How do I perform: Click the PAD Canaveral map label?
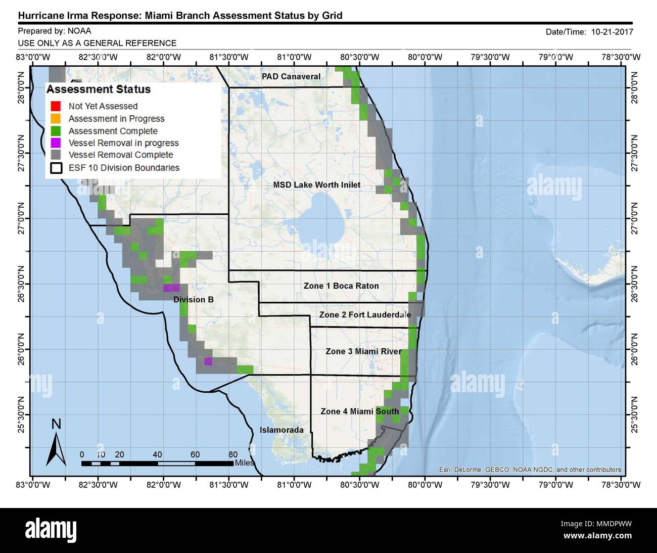pos(291,76)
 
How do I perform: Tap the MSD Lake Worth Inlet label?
pos(317,185)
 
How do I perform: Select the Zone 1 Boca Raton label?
pos(341,286)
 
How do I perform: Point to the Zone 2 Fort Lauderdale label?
pos(365,314)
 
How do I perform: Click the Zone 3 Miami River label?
pos(363,351)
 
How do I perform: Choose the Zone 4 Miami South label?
pos(360,411)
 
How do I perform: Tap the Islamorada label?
pos(281,430)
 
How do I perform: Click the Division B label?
pos(194,300)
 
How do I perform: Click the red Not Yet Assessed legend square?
pos(56,106)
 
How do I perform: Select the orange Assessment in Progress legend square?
pos(56,118)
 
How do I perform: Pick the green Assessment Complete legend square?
pos(56,131)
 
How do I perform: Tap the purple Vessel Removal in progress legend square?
pos(56,143)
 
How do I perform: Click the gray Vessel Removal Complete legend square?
pos(56,155)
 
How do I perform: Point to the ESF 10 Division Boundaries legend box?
pos(56,168)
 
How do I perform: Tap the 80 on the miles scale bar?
pos(233,454)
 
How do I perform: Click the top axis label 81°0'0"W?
pos(295,57)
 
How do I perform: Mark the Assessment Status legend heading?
pos(99,89)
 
